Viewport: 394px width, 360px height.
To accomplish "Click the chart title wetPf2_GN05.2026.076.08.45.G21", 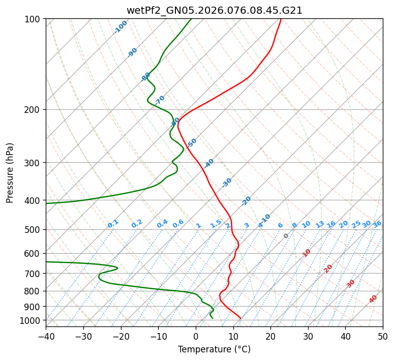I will (214, 10).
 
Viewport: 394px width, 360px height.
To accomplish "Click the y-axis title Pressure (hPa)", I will (10, 173).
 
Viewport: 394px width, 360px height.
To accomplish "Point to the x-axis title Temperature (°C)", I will (214, 349).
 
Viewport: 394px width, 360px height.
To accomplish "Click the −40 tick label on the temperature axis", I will (46, 336).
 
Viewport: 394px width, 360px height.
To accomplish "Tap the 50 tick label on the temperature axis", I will (383, 336).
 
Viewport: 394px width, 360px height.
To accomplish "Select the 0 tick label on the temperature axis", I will (196, 336).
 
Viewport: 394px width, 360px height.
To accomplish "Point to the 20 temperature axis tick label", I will (270, 336).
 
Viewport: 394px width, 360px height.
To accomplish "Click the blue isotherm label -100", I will (121, 27).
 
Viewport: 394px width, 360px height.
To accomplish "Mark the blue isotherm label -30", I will (227, 183).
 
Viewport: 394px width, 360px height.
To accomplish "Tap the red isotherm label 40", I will (373, 299).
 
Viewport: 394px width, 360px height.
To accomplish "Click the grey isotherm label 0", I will (286, 236).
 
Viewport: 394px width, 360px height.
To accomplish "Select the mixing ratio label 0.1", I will (113, 223).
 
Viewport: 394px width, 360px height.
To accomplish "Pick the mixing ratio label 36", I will (377, 224).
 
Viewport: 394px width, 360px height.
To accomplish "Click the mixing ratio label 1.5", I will (216, 224).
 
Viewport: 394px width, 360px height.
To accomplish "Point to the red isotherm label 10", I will (307, 253).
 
